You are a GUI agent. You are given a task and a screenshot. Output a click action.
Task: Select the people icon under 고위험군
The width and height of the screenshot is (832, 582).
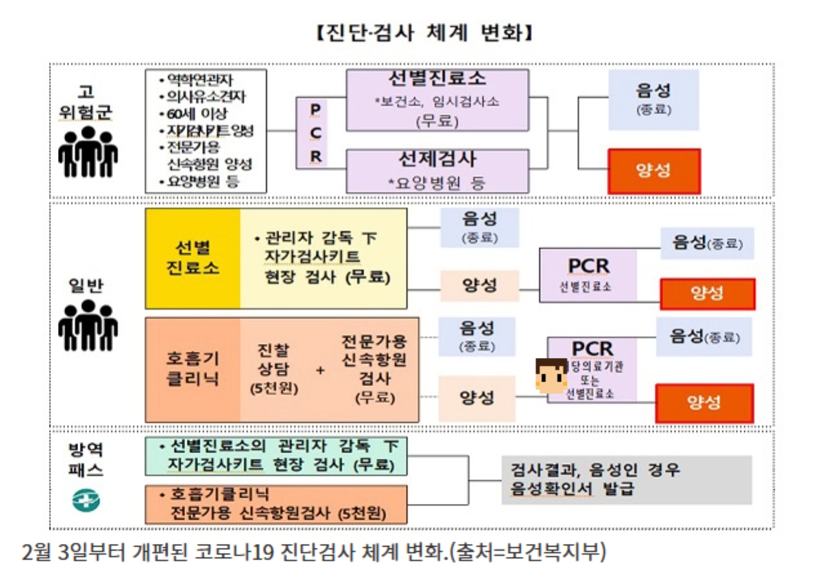coord(88,151)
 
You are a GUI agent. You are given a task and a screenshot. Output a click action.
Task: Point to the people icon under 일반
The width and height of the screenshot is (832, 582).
coord(88,325)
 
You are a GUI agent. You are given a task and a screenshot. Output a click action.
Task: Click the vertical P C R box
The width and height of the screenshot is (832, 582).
coord(315,133)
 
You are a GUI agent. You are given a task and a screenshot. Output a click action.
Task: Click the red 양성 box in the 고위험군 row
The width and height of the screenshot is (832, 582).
coord(653,171)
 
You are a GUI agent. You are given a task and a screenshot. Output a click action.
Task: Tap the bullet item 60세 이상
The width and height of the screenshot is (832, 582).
coord(195,115)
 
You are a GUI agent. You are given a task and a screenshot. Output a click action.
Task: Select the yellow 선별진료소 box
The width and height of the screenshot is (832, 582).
coord(193,258)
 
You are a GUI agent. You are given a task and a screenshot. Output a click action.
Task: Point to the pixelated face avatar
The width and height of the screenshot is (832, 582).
coord(552,376)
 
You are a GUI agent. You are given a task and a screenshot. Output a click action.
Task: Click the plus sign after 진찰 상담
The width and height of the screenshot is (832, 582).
coord(321,371)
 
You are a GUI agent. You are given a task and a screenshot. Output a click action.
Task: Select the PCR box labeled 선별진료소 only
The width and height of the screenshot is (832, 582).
coord(588,274)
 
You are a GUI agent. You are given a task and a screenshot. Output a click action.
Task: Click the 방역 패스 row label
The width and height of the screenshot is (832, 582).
coord(86,458)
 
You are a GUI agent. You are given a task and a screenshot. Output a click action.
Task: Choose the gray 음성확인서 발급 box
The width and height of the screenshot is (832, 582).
coord(626,479)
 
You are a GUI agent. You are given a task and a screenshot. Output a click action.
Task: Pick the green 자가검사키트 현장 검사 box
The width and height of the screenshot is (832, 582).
coord(276,455)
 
